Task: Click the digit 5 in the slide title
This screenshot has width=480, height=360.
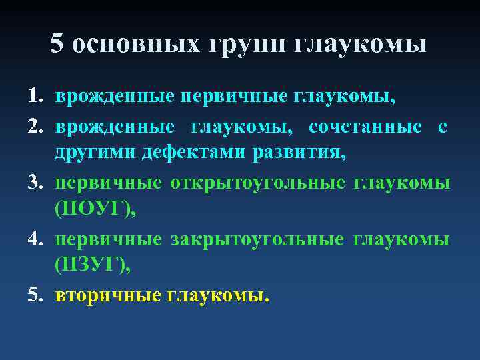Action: click(57, 44)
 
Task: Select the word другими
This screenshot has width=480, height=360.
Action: click(96, 153)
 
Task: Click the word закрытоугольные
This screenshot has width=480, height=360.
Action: click(257, 239)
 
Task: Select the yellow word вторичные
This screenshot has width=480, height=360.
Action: click(108, 295)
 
